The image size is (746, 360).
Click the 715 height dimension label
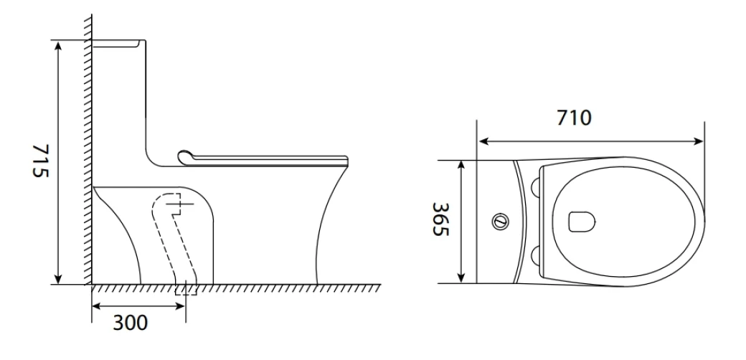(x=40, y=161)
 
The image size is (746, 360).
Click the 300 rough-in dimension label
(x=130, y=323)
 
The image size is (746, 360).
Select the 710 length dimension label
(x=575, y=118)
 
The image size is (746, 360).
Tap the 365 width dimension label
(x=440, y=219)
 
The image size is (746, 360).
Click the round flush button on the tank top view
(x=500, y=221)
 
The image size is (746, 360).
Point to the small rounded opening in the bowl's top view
(x=582, y=222)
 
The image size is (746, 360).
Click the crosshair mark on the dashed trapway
(x=180, y=204)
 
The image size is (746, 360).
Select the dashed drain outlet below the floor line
(x=186, y=289)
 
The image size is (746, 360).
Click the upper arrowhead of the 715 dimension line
(x=58, y=46)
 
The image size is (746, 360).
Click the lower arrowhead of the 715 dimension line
(x=58, y=279)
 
